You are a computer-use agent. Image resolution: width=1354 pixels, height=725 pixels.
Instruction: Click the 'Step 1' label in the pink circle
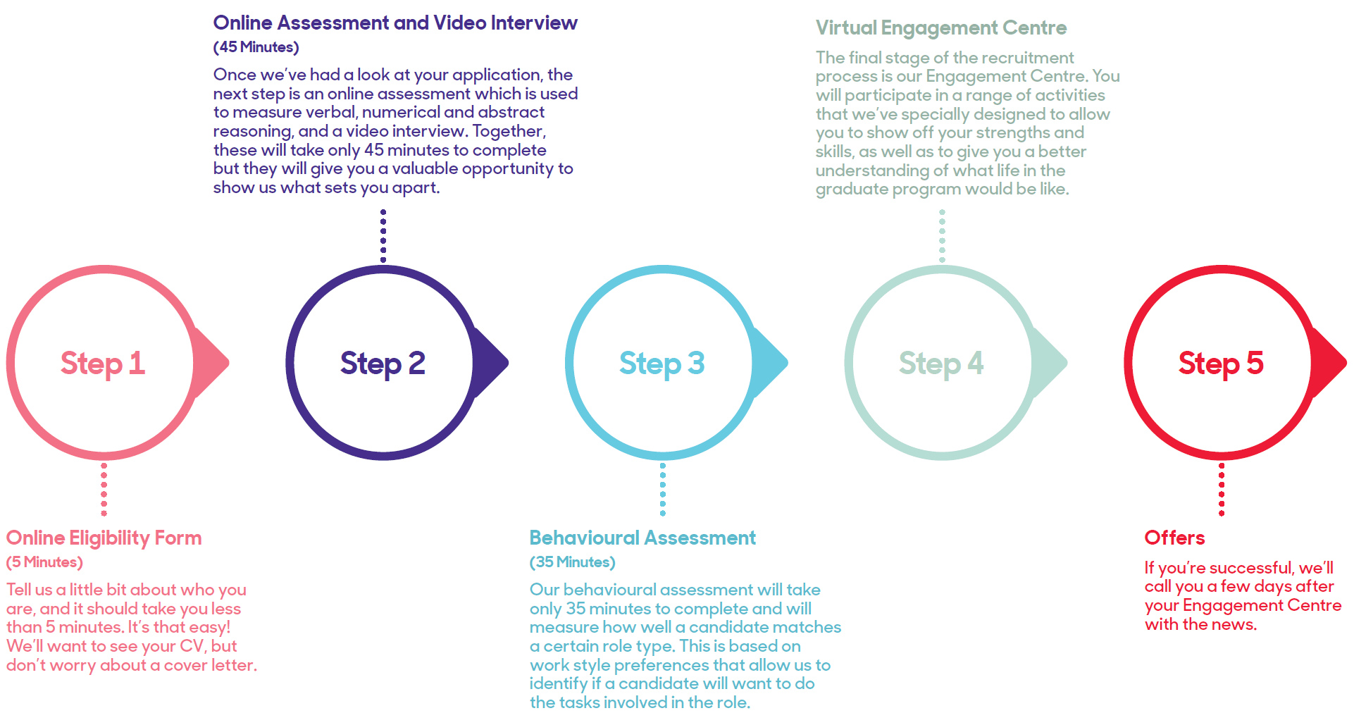pyautogui.click(x=103, y=364)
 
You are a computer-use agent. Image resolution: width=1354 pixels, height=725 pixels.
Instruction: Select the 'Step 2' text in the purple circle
pyautogui.click(x=383, y=364)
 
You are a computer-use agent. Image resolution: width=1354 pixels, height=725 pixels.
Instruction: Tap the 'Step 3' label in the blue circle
pyautogui.click(x=662, y=364)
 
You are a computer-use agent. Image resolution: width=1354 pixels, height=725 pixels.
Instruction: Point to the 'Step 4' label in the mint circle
pyautogui.click(x=941, y=364)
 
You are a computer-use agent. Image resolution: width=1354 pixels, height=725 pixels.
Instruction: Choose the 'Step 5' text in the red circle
pyautogui.click(x=1221, y=364)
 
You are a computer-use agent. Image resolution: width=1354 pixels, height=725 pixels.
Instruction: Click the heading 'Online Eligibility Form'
pyautogui.click(x=104, y=538)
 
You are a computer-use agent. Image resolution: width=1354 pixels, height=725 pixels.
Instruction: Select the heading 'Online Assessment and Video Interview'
pyautogui.click(x=395, y=23)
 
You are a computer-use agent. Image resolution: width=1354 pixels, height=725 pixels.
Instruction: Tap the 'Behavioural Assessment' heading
pyautogui.click(x=642, y=538)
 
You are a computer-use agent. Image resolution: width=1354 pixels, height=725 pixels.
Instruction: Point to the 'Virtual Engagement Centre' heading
pyautogui.click(x=941, y=28)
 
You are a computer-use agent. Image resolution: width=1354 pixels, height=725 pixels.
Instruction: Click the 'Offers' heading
pyautogui.click(x=1174, y=538)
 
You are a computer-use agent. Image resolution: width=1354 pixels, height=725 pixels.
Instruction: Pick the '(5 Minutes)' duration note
pyautogui.click(x=44, y=562)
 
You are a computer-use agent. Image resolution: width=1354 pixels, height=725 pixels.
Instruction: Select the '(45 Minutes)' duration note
pyautogui.click(x=256, y=47)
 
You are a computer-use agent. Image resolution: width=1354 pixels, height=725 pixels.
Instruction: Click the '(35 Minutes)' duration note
pyautogui.click(x=572, y=562)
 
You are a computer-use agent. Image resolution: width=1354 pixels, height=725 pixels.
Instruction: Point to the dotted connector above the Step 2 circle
pyautogui.click(x=383, y=236)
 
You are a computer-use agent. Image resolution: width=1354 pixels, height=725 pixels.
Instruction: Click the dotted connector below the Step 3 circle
pyautogui.click(x=663, y=489)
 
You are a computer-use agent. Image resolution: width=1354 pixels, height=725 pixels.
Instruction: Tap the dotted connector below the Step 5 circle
pyautogui.click(x=1222, y=489)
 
